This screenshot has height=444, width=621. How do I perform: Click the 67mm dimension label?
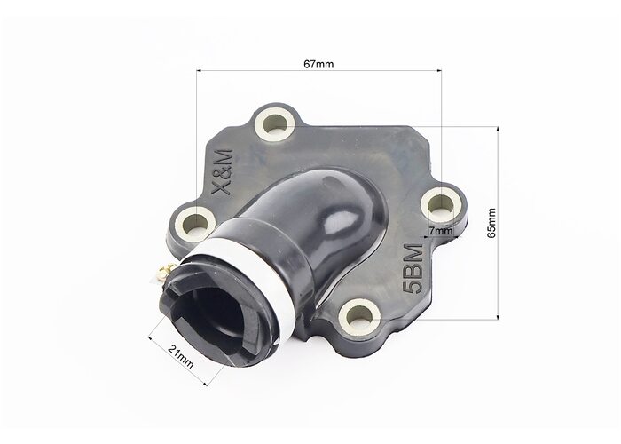(318, 64)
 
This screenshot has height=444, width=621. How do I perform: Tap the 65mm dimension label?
(491, 223)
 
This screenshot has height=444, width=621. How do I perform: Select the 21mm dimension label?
(181, 356)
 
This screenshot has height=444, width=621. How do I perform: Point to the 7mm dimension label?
(440, 230)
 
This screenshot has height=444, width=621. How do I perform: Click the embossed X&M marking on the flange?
(222, 172)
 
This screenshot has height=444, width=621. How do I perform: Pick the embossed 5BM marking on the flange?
(413, 269)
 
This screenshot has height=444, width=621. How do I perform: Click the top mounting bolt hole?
(274, 123)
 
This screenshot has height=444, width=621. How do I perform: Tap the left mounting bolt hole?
(196, 222)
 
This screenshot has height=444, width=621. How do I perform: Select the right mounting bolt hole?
(441, 206)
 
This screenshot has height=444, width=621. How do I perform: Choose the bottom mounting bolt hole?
(360, 316)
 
